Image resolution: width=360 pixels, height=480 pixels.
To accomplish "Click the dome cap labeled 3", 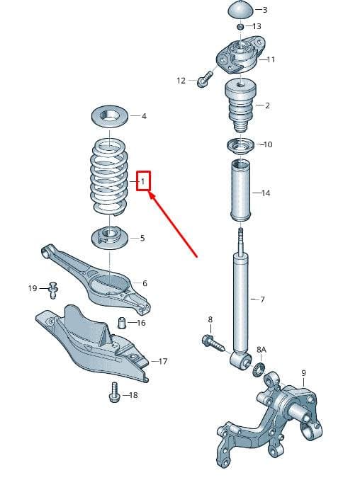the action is (241, 11).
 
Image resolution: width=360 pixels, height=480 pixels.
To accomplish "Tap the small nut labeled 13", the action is (240, 27).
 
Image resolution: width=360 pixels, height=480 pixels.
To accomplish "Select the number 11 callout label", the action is (271, 59).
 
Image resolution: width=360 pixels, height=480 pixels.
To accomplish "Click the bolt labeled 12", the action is (204, 79).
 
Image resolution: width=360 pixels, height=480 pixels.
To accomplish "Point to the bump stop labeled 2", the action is (240, 105).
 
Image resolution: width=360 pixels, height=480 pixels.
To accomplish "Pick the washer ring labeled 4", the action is (109, 117).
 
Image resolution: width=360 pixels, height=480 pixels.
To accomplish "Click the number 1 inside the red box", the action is (142, 181).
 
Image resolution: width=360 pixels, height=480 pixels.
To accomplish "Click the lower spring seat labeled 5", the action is (109, 237).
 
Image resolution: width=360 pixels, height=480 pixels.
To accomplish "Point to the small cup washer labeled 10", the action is (240, 146).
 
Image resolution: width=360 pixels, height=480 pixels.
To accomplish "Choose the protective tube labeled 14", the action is (241, 190).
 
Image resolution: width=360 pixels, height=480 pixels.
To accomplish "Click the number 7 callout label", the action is (262, 299).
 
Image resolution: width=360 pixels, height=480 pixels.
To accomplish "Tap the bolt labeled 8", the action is (213, 343).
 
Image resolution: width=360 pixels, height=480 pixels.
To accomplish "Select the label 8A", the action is (261, 349).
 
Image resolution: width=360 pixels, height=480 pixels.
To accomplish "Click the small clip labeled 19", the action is (54, 290).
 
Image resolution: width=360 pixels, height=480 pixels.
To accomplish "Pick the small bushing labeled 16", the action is (122, 323).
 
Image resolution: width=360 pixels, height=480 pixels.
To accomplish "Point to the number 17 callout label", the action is (163, 361).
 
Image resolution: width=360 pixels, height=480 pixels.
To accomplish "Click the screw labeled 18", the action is (113, 392).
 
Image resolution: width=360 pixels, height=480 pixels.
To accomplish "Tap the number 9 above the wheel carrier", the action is (303, 372).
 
